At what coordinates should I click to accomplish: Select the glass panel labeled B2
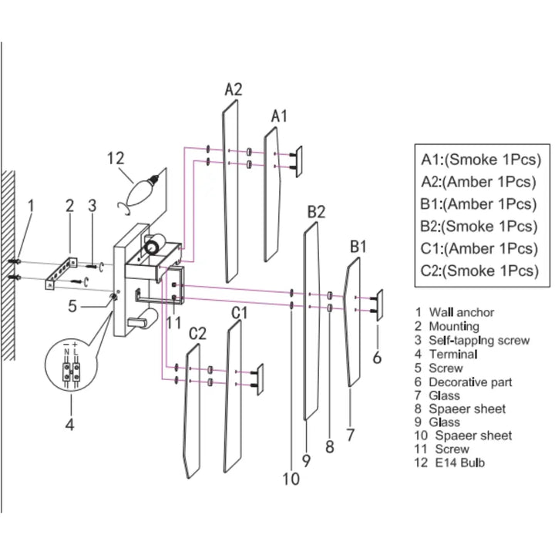point(311,324)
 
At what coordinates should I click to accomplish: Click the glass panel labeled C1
point(234,393)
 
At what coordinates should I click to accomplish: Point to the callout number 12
point(116,158)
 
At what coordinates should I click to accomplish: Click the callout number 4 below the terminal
point(69,423)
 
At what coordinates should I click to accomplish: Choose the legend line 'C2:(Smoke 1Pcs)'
point(478,271)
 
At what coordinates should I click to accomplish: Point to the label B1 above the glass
point(359,247)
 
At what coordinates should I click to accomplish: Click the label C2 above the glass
point(198,333)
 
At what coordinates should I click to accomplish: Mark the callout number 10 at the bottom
point(290,479)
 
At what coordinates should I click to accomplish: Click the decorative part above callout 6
point(378,302)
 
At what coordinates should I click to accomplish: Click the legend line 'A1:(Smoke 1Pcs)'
point(478,160)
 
